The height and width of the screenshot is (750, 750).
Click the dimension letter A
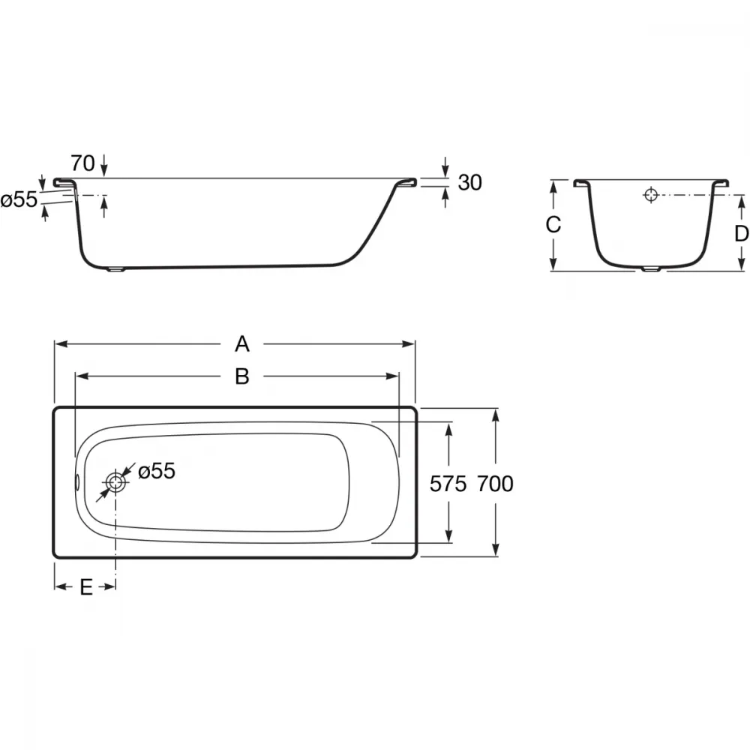pyautogui.click(x=242, y=344)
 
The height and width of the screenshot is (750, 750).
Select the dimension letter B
pyautogui.click(x=242, y=376)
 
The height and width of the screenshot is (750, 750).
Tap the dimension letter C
pyautogui.click(x=553, y=224)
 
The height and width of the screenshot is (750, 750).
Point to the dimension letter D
pyautogui.click(x=742, y=234)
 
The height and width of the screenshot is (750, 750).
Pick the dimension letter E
pyautogui.click(x=86, y=587)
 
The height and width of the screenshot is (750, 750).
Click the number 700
pyautogui.click(x=495, y=484)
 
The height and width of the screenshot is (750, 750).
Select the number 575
pyautogui.click(x=448, y=484)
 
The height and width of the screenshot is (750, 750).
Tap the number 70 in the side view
pyautogui.click(x=82, y=163)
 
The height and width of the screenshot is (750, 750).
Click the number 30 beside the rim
pyautogui.click(x=469, y=183)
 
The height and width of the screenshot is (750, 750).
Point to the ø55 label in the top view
pyautogui.click(x=157, y=471)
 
